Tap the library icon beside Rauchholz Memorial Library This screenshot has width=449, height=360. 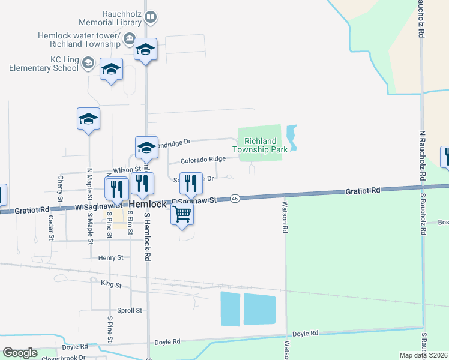pyautogui.click(x=151, y=17)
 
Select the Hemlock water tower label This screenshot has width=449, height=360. pyautogui.click(x=79, y=40)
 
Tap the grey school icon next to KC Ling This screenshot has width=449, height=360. pyautogui.click(x=88, y=62)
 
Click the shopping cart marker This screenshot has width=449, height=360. pyautogui.click(x=182, y=214)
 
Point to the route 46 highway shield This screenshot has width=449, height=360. pyautogui.click(x=235, y=199)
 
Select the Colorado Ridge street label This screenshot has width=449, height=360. pyautogui.click(x=203, y=159)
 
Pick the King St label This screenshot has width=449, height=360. pyautogui.click(x=112, y=284)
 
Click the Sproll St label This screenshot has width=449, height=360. pyautogui.click(x=130, y=311)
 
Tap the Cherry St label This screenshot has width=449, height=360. pyautogui.click(x=60, y=188)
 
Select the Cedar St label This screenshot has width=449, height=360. pyautogui.click(x=50, y=228)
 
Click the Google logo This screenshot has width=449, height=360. pyautogui.click(x=20, y=353)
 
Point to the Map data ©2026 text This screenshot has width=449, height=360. pyautogui.click(x=424, y=355)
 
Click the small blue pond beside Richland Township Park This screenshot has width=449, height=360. pyautogui.click(x=292, y=137)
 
